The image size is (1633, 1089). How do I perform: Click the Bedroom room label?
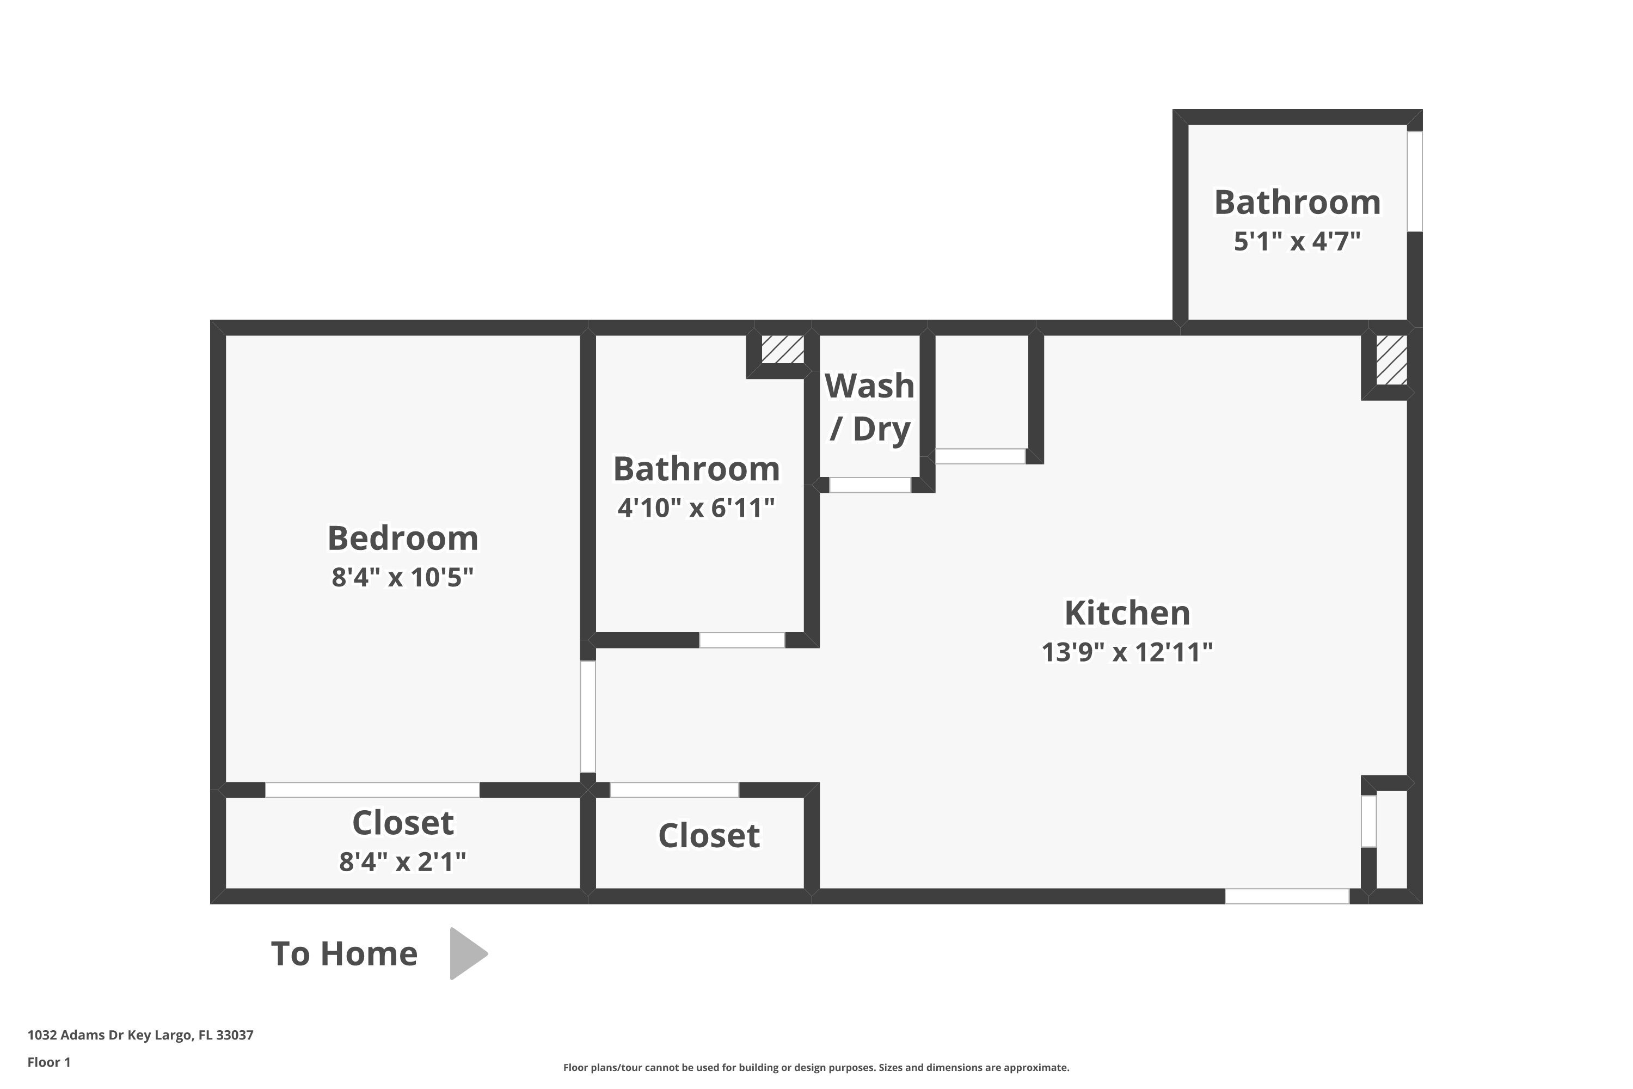(x=403, y=539)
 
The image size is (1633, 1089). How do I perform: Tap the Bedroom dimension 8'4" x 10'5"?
(x=403, y=577)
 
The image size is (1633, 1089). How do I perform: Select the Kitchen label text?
(x=1127, y=613)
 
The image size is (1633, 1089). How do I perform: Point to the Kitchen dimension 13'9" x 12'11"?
(x=1127, y=652)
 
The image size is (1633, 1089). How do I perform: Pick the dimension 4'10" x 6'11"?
(x=696, y=507)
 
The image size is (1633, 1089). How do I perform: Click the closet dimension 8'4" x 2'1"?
(x=403, y=862)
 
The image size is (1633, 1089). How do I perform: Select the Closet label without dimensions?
(x=709, y=835)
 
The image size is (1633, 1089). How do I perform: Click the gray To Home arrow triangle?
(x=466, y=953)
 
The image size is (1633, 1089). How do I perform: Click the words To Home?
(x=345, y=953)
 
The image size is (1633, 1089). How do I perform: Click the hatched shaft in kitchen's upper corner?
(x=1391, y=360)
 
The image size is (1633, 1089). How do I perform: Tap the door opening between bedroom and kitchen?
(x=587, y=716)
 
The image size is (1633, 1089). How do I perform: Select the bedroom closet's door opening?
(x=372, y=790)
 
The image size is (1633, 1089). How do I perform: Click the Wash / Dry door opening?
(x=870, y=485)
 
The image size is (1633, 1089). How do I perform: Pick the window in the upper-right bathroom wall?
(x=1414, y=181)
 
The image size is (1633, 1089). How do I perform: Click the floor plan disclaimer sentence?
(x=816, y=1067)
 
